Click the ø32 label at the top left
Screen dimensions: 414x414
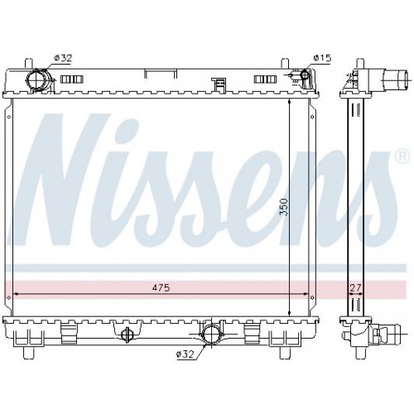coord(62,57)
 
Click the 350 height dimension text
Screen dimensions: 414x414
coord(283,205)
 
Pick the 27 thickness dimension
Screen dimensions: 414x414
coord(355,287)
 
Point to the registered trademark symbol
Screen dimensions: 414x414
coord(402,156)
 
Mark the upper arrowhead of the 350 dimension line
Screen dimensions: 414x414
coord(288,103)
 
